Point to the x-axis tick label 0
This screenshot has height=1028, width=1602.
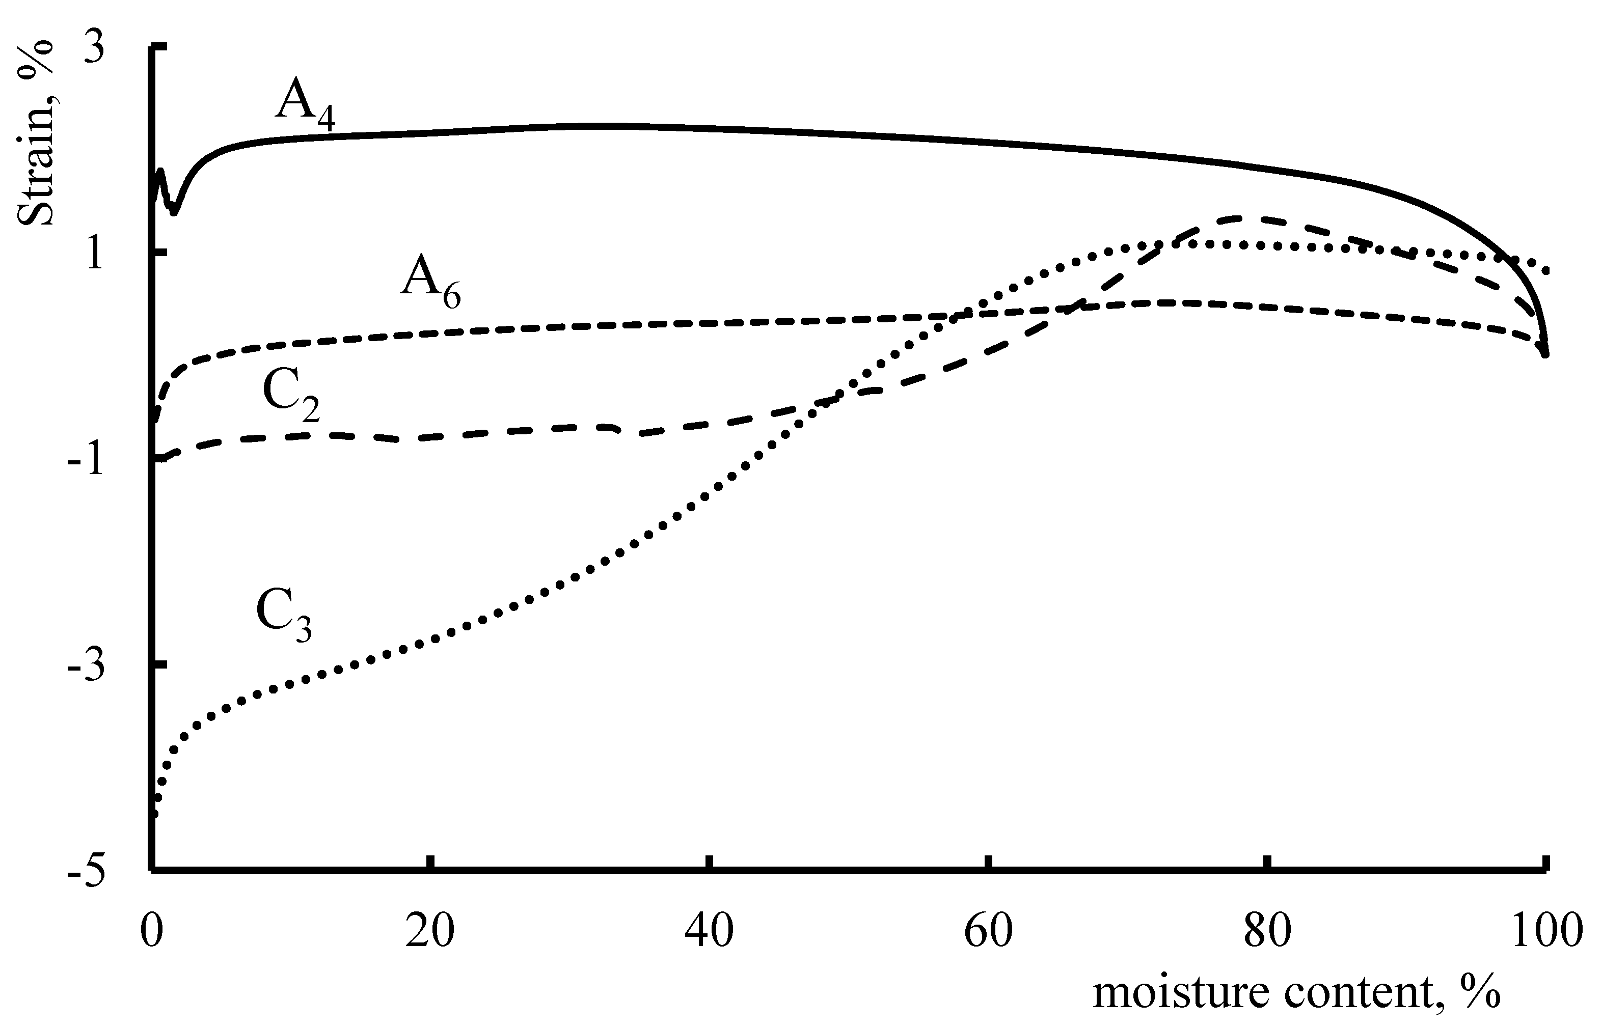[x=152, y=931]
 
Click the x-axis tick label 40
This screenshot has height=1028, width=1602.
[x=709, y=931]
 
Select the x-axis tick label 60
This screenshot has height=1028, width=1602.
[x=988, y=931]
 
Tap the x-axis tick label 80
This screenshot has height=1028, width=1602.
[x=1267, y=931]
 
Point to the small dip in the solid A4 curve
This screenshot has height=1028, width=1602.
[x=174, y=211]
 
